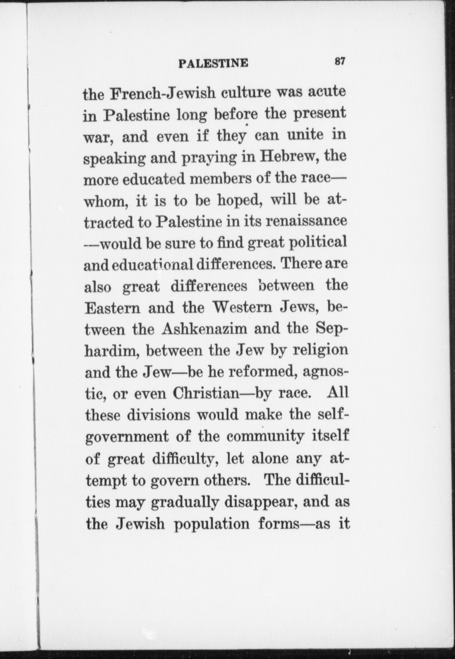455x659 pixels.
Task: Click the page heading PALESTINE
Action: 213,63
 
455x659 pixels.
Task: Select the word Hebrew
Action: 287,157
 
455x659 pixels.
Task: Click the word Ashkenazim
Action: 204,329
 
